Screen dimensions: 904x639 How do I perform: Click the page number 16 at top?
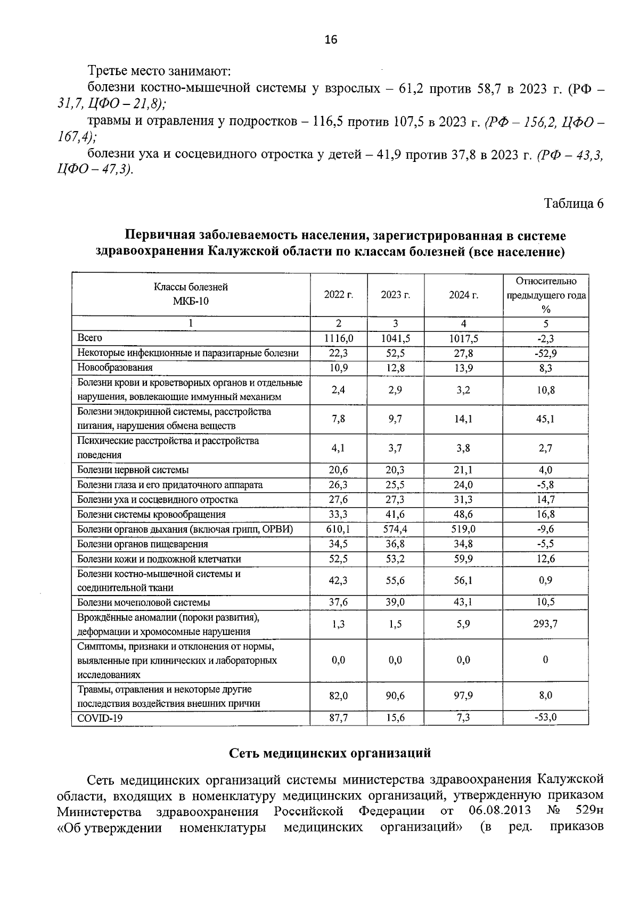[330, 39]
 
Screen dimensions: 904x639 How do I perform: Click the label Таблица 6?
[574, 203]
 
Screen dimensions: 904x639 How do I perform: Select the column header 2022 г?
[338, 295]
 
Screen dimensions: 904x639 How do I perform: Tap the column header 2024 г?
[463, 295]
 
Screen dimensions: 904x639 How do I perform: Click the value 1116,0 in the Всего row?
[338, 338]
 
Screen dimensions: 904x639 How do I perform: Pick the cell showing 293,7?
[545, 624]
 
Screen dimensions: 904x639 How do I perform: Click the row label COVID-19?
[100, 718]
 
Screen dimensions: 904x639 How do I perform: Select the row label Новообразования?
[115, 368]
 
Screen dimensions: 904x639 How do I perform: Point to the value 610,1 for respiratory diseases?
[338, 529]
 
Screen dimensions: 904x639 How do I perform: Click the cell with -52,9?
[545, 353]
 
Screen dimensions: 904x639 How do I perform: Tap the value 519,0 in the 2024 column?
[463, 529]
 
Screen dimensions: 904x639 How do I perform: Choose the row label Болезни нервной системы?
[133, 470]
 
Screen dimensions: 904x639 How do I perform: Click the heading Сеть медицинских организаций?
[330, 753]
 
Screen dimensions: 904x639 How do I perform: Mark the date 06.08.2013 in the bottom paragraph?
[500, 810]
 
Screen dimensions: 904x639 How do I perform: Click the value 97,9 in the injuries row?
[463, 696]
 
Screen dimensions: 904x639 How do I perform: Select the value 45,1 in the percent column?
[545, 419]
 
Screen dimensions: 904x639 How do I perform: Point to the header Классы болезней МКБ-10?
[191, 294]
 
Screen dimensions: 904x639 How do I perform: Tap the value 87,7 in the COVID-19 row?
[338, 718]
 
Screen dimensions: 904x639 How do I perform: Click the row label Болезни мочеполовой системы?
[144, 602]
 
